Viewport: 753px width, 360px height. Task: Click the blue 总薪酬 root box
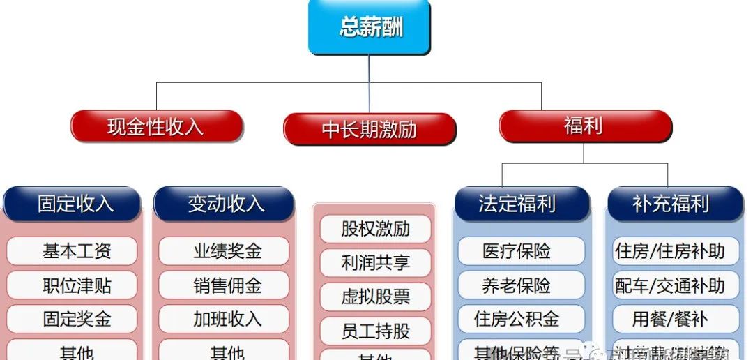(370, 27)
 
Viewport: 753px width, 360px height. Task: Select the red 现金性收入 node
(156, 126)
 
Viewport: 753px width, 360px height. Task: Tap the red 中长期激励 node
(370, 130)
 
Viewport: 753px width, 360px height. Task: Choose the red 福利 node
(584, 126)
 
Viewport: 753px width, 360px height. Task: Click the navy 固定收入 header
(73, 203)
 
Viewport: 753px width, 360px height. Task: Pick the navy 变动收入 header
(224, 203)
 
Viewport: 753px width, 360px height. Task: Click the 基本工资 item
(73, 251)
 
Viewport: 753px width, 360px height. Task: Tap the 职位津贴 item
(73, 285)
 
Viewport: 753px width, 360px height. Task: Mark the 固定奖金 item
(73, 319)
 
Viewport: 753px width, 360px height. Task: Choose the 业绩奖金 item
(224, 251)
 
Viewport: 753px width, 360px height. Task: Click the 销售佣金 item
(224, 285)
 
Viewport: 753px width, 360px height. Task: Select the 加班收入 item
(224, 319)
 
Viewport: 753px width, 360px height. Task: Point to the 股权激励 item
(375, 229)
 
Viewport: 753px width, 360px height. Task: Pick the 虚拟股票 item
(375, 297)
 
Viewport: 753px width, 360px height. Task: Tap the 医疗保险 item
(520, 251)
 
